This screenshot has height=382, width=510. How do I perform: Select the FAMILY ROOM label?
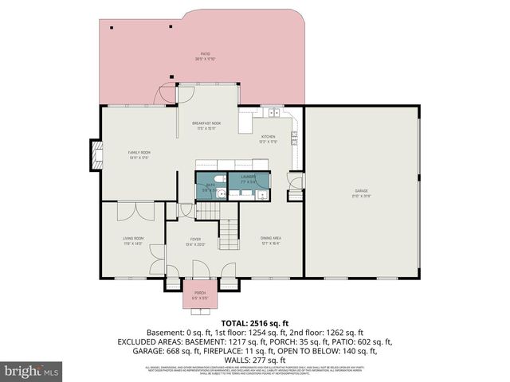point(140,154)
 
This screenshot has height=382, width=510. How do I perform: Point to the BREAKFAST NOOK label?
point(206,126)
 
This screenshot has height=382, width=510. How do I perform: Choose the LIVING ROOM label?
point(132,240)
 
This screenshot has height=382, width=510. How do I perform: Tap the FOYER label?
point(195,240)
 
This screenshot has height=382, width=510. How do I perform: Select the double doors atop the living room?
point(143,210)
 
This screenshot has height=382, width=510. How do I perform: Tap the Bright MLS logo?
point(33,371)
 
